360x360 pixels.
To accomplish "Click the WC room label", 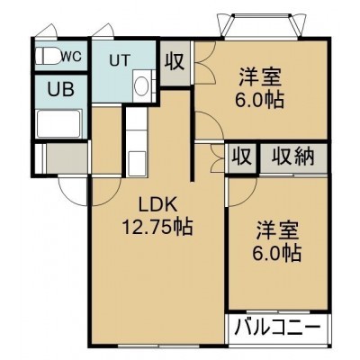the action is click(x=71, y=56).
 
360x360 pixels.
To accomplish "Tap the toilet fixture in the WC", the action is click(x=48, y=56).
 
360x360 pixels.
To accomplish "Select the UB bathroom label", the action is click(x=61, y=89).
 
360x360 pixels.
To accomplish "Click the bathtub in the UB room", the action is click(x=58, y=124).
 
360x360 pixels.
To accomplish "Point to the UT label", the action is click(x=120, y=61).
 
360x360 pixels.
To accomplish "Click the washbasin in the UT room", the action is click(x=141, y=85).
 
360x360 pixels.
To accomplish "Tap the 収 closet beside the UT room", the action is click(x=175, y=62).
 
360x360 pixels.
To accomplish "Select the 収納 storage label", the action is click(x=293, y=157).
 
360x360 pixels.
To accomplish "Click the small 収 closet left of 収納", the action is click(x=242, y=157).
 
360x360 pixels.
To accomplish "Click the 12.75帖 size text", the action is click(x=157, y=227).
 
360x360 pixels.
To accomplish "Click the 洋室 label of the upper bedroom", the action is click(x=260, y=77).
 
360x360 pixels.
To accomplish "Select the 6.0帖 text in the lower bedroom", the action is click(x=276, y=253).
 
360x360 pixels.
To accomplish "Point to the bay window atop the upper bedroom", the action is click(x=260, y=26).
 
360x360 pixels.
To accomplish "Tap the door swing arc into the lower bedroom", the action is click(x=242, y=192).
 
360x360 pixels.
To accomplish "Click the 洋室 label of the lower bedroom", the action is click(x=277, y=231).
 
